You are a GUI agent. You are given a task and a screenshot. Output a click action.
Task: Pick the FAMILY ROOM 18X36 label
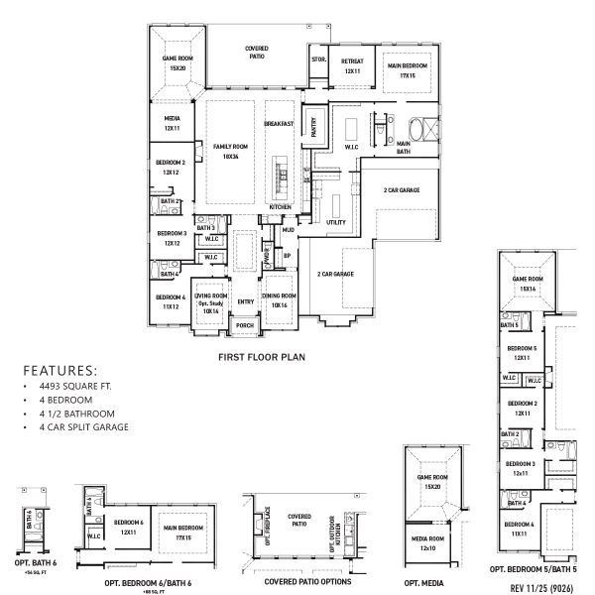click(x=230, y=152)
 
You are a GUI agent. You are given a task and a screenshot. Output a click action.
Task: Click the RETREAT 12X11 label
click(x=351, y=66)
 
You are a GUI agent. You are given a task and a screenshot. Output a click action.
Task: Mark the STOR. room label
click(x=318, y=59)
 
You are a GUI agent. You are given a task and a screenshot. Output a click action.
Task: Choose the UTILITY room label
click(x=335, y=223)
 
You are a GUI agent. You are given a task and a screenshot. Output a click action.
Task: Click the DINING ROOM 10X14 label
click(x=279, y=299)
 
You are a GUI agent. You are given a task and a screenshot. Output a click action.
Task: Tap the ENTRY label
click(x=244, y=301)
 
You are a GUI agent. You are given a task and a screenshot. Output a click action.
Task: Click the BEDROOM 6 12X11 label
click(x=129, y=526)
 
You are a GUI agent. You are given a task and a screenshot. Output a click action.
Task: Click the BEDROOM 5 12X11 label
click(x=521, y=352)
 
